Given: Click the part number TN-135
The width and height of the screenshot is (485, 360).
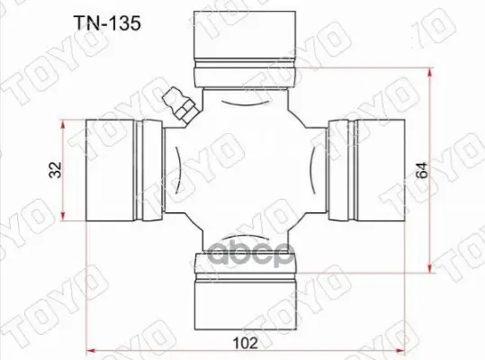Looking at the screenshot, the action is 107,23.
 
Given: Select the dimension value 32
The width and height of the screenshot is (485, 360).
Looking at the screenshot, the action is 56,170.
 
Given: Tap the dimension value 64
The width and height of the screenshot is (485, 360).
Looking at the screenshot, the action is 422,170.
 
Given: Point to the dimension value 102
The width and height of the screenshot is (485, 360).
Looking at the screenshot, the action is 245,343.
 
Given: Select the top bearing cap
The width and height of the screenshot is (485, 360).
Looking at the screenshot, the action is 245,49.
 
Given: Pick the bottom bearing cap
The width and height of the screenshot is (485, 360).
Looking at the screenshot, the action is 246,292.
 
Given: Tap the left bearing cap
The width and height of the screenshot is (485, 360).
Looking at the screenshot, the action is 124,170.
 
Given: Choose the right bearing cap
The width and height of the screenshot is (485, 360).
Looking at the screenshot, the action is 366,170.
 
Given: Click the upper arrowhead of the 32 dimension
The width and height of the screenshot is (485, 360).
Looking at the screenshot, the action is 63,124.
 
